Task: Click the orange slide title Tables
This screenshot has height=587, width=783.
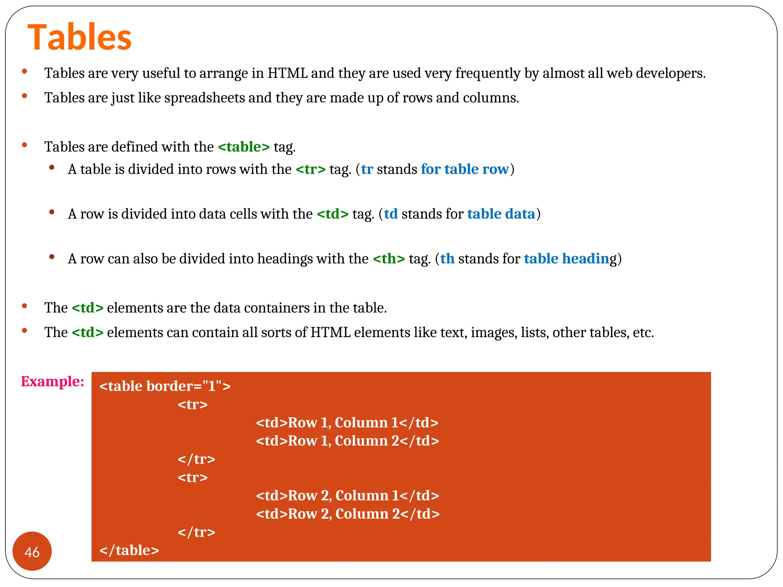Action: (80, 37)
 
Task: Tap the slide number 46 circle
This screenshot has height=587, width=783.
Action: (32, 551)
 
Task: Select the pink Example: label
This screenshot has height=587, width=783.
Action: (52, 381)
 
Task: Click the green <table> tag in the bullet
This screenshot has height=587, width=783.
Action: (244, 147)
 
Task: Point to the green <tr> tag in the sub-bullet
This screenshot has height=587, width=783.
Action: (310, 169)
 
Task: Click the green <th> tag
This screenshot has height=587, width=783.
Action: (388, 259)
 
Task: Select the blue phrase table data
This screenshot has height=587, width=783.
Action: (501, 214)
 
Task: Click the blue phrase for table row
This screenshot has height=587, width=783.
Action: (465, 169)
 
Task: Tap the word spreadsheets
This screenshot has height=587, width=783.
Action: (205, 98)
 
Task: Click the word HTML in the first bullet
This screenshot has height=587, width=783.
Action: (287, 73)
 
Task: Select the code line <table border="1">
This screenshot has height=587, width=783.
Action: (165, 386)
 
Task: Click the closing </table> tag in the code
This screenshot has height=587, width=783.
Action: (129, 550)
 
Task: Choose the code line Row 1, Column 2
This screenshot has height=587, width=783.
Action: (347, 441)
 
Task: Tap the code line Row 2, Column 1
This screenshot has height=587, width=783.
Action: (347, 496)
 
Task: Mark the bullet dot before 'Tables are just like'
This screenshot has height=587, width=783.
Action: (24, 96)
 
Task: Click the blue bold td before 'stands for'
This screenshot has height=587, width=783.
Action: (391, 214)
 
